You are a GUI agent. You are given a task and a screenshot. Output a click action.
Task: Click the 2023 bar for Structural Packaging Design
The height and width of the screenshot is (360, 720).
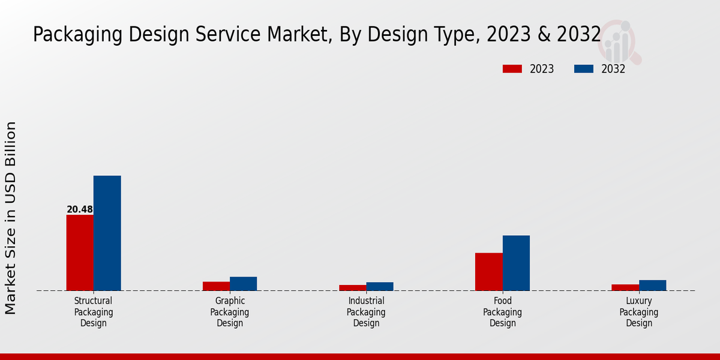tap(80, 253)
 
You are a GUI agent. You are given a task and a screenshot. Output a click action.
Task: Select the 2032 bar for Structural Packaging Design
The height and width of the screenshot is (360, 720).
tap(107, 233)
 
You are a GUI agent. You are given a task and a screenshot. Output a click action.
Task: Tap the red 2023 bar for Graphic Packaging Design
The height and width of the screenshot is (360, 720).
tap(216, 286)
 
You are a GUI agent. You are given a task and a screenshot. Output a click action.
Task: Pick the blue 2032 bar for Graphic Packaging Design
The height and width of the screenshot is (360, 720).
tap(243, 284)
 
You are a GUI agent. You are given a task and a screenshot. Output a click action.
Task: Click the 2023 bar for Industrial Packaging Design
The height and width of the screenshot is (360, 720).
tap(352, 288)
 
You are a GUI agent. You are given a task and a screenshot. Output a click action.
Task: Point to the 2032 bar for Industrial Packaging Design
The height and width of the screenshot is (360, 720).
tap(380, 287)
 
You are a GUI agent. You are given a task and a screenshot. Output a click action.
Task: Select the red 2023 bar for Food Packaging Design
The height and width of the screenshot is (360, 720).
tap(488, 272)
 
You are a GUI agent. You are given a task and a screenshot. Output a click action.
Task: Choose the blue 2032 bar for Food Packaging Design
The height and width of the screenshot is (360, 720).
tap(516, 263)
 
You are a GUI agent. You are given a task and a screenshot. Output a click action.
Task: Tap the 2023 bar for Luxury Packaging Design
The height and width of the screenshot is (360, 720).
tap(625, 287)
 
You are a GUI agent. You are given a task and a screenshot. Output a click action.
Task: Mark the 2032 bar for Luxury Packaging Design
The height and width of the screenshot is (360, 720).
tap(652, 286)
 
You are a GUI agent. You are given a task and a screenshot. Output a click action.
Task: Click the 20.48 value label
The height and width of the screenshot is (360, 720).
tap(80, 209)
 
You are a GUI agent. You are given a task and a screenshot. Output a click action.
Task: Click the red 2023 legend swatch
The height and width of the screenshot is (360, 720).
tap(512, 69)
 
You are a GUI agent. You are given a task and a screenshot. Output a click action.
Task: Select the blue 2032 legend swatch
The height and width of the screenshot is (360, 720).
tap(584, 69)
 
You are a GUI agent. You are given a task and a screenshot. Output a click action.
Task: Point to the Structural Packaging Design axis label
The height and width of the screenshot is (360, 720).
tap(94, 312)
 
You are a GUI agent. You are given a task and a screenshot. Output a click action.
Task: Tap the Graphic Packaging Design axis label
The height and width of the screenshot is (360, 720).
tap(230, 312)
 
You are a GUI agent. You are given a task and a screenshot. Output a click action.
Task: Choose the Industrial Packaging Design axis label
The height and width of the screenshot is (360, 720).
tap(366, 312)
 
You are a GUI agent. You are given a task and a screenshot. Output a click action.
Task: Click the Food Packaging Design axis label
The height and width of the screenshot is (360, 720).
tap(502, 312)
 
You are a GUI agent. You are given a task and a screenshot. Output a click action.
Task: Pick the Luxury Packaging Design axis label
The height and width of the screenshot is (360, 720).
tap(639, 312)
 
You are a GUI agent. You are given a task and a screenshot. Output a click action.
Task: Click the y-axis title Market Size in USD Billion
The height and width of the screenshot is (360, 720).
tap(11, 218)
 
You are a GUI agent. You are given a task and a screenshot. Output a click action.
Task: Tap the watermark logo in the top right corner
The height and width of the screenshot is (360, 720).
tap(619, 41)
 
